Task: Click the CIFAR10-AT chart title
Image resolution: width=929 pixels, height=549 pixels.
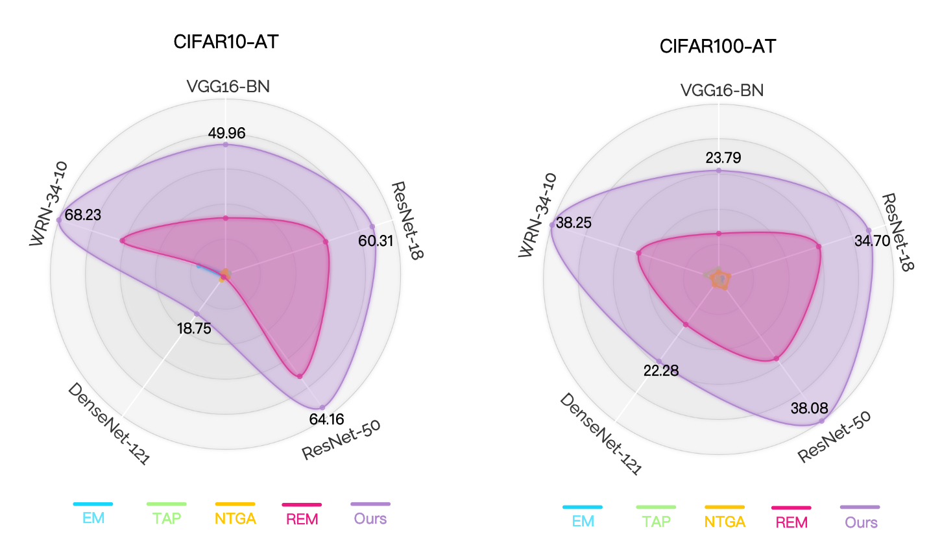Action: (226, 42)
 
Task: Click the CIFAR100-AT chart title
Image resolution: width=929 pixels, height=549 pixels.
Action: (718, 46)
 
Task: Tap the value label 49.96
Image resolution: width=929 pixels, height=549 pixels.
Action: (226, 134)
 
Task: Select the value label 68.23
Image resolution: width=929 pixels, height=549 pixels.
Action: (83, 215)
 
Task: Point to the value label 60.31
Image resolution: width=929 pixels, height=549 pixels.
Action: (376, 241)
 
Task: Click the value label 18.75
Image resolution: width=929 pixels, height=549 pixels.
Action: (194, 328)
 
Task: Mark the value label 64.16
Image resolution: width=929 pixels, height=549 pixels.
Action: (326, 419)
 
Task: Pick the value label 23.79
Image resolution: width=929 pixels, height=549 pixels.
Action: (723, 158)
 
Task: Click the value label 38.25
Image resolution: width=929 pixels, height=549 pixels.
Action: (573, 223)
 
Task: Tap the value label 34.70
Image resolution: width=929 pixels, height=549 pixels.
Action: (872, 241)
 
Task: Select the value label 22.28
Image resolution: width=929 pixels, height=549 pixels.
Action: (661, 371)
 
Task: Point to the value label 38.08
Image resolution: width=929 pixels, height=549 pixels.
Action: (809, 408)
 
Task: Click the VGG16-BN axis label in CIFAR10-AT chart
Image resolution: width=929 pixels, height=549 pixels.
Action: (228, 86)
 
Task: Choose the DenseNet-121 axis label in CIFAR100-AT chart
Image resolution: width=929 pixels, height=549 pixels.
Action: (600, 434)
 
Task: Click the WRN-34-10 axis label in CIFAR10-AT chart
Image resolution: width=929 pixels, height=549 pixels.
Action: (49, 204)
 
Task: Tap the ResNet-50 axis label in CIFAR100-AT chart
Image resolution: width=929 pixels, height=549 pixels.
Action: (834, 437)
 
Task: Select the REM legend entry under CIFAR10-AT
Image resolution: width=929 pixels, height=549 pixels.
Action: (302, 518)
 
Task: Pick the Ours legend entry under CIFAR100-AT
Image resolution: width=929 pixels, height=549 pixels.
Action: (861, 522)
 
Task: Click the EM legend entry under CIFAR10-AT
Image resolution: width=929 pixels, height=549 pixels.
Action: (93, 518)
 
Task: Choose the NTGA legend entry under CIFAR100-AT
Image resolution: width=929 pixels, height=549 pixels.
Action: (725, 522)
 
